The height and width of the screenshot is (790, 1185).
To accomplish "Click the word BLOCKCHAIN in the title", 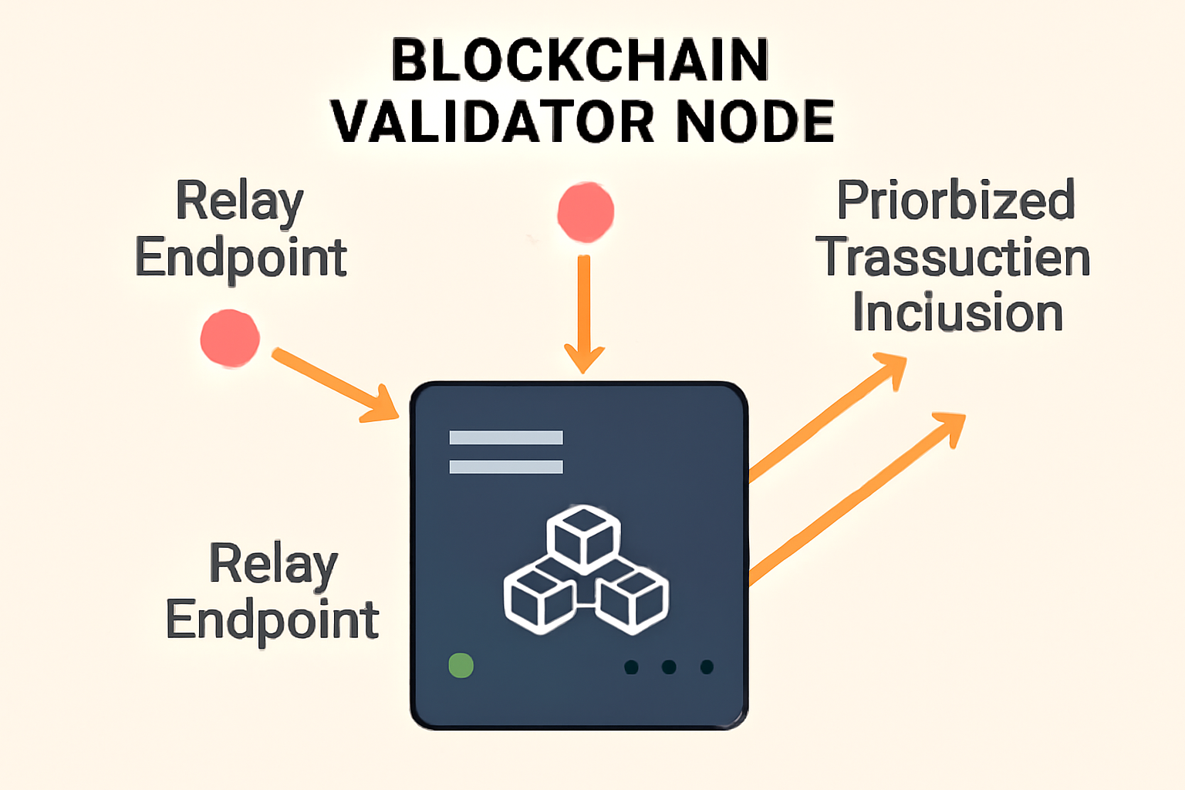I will tap(580, 60).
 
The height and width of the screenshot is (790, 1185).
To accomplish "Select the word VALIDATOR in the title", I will tap(492, 122).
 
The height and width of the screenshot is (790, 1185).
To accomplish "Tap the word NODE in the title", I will tap(755, 122).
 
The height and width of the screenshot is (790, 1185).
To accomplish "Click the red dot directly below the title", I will tap(586, 212).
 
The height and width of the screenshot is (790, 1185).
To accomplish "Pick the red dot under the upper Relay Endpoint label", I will tap(230, 339).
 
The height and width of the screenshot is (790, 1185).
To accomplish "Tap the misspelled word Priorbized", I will tap(956, 201).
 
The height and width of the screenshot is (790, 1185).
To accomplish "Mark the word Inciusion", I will tap(957, 313).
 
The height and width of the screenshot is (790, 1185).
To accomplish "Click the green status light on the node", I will tap(461, 665).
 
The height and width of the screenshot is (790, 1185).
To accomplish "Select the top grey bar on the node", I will tap(506, 437).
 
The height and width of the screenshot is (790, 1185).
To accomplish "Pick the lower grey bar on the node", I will tap(506, 467).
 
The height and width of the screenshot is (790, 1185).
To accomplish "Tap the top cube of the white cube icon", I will tap(584, 535).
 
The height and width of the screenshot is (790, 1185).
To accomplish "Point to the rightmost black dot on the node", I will tap(707, 667).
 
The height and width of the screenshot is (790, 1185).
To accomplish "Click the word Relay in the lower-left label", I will tap(273, 565).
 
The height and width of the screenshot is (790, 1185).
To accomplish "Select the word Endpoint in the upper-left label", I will tap(241, 258).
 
